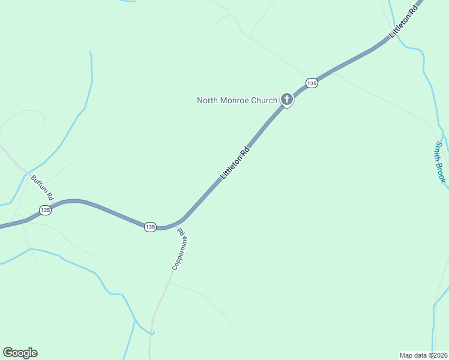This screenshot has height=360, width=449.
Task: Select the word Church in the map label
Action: (265, 100)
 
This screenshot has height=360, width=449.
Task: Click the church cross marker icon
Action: (287, 100)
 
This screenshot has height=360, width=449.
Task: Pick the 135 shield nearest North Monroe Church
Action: (311, 82)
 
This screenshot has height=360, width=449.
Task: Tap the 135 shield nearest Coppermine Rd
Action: (150, 226)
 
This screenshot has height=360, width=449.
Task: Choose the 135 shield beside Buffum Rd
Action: (45, 210)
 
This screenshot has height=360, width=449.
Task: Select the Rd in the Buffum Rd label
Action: (50, 196)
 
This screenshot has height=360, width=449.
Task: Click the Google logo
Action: (20, 353)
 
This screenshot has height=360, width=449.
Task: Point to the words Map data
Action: (412, 354)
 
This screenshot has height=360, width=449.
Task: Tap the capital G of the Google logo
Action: (8, 353)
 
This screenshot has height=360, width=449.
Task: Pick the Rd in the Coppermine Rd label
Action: (183, 232)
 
